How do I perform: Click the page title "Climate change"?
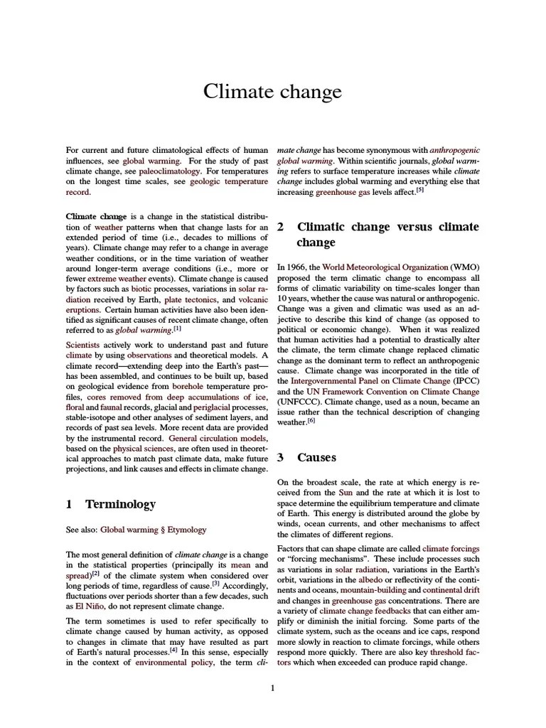coord(272,92)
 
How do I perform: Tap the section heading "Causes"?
coord(316,457)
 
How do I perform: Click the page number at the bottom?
coord(272,687)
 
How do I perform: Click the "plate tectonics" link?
coord(187,300)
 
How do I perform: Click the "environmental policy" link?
coord(174,663)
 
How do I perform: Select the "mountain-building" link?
coord(368,590)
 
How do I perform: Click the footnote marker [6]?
coord(311,420)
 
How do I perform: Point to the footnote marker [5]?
coord(419,190)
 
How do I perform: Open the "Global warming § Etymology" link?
coord(153,529)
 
